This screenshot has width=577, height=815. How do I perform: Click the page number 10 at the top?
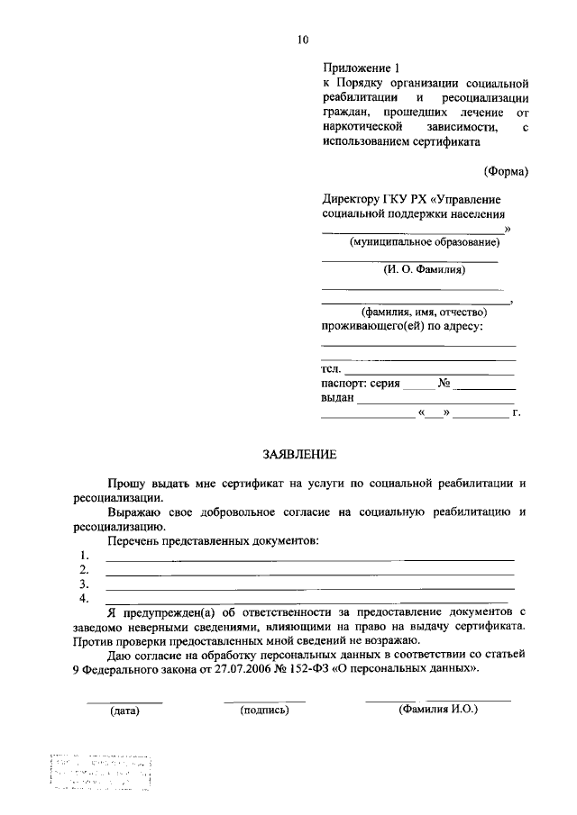[302, 39]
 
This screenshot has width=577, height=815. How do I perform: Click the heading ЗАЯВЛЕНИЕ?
[298, 457]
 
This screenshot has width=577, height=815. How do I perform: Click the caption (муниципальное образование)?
[424, 241]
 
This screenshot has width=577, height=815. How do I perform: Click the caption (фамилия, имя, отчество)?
[411, 312]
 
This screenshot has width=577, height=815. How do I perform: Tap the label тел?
[330, 369]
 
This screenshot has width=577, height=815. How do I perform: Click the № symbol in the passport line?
[444, 383]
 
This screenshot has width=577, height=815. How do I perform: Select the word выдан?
[338, 397]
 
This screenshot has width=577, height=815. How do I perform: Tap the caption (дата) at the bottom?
[124, 711]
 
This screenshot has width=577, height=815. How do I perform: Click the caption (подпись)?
[264, 711]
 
